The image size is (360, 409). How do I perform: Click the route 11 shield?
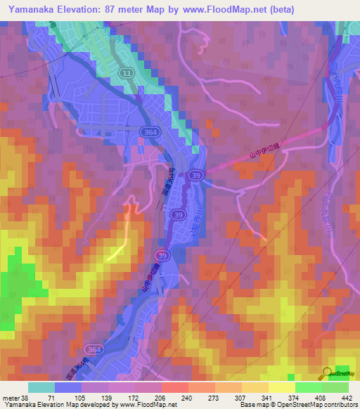(x=125, y=73)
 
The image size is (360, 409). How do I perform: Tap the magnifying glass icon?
(x=328, y=373)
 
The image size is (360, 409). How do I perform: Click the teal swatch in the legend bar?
(x=41, y=387)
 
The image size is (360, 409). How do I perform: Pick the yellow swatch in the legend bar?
(x=281, y=387)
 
